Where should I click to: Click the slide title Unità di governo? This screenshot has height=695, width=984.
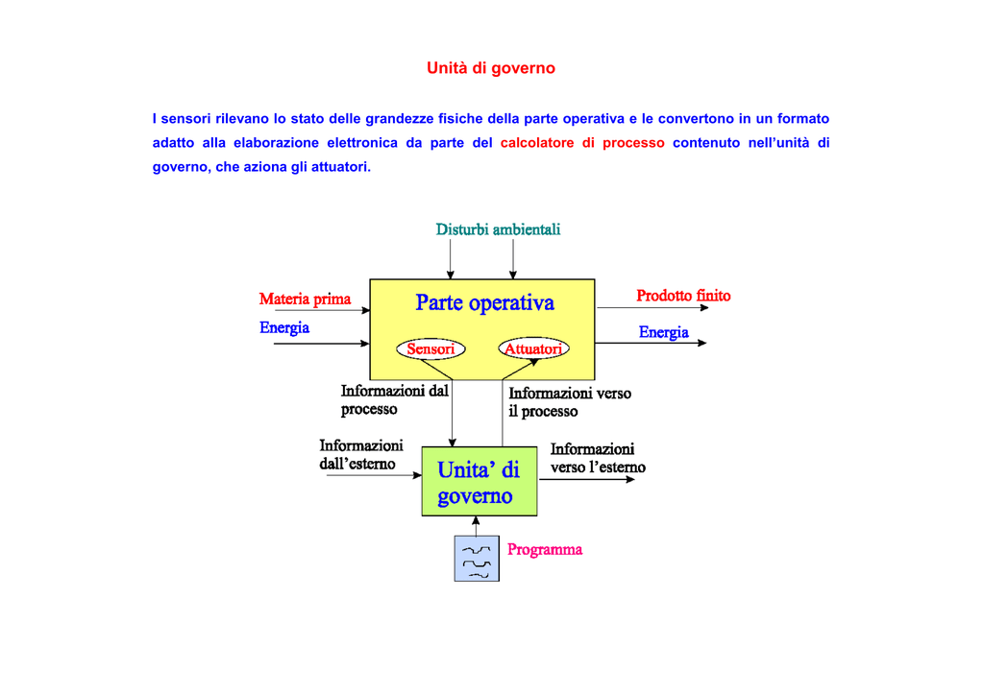(491, 68)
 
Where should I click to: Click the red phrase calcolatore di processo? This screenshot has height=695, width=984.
(582, 143)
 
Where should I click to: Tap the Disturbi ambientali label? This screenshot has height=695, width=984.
(498, 229)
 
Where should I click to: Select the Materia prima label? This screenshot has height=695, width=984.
(306, 299)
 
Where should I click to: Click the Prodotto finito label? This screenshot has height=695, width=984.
(683, 296)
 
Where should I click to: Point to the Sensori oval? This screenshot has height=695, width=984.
(430, 349)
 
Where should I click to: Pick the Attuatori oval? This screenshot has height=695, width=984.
(533, 349)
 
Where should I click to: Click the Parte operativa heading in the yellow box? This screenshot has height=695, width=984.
(484, 303)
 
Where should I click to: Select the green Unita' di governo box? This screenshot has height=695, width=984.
(479, 482)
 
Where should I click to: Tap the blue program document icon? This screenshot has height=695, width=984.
(477, 559)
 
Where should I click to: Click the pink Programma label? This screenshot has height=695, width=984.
(545, 550)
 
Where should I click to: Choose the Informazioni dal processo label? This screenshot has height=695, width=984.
(394, 400)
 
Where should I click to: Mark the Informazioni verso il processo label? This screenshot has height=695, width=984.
(570, 402)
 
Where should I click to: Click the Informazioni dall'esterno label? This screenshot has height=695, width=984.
(360, 455)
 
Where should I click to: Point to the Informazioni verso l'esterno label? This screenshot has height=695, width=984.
(597, 458)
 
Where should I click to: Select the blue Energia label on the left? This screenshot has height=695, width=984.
(284, 328)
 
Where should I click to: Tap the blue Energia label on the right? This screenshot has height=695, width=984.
(664, 332)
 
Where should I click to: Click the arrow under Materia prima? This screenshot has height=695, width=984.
(322, 311)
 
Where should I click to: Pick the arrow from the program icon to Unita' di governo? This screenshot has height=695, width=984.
(476, 526)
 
